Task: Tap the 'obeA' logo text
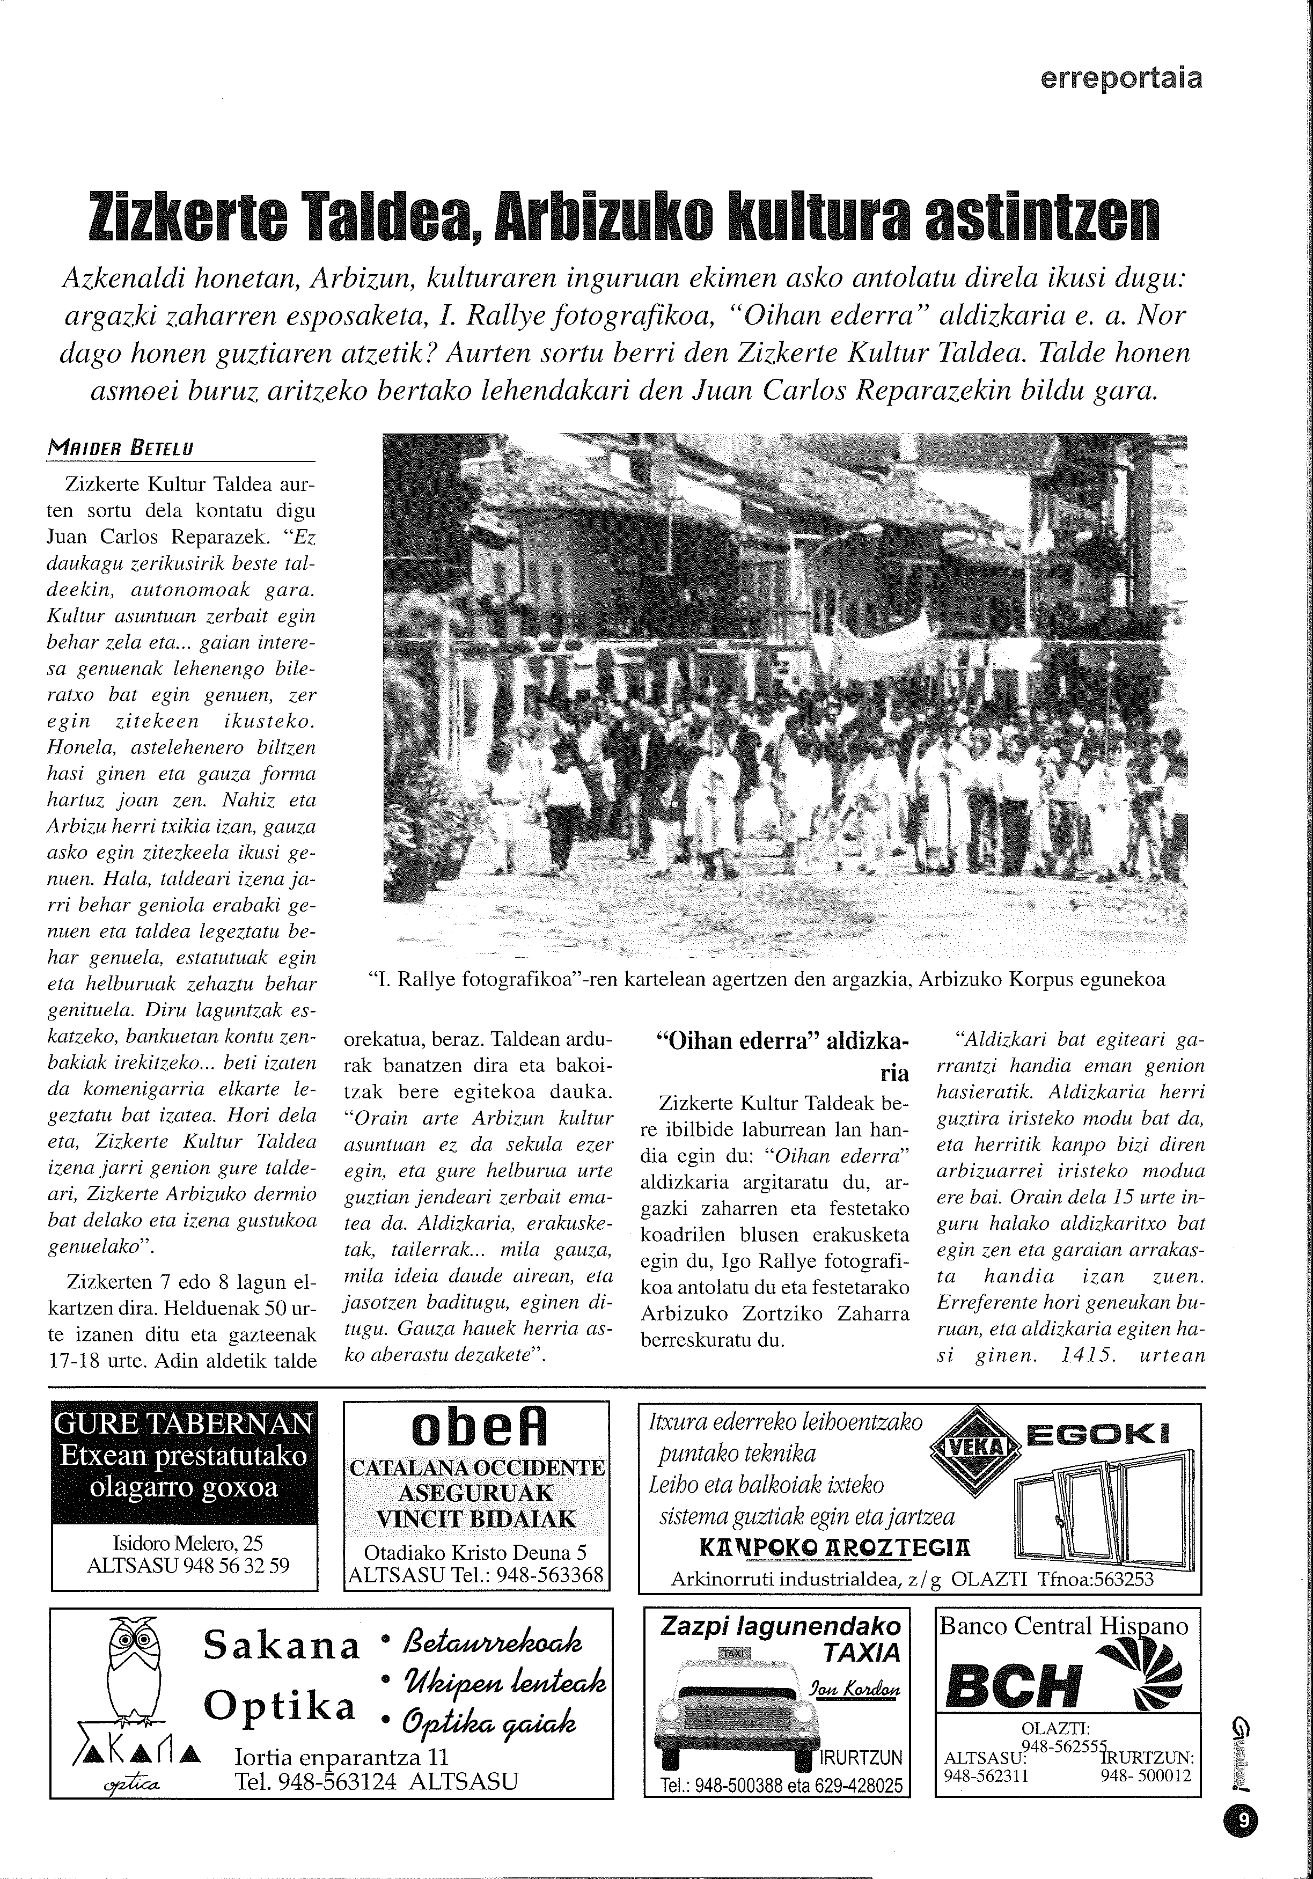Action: [477, 1430]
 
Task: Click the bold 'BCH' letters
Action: [1014, 1687]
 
